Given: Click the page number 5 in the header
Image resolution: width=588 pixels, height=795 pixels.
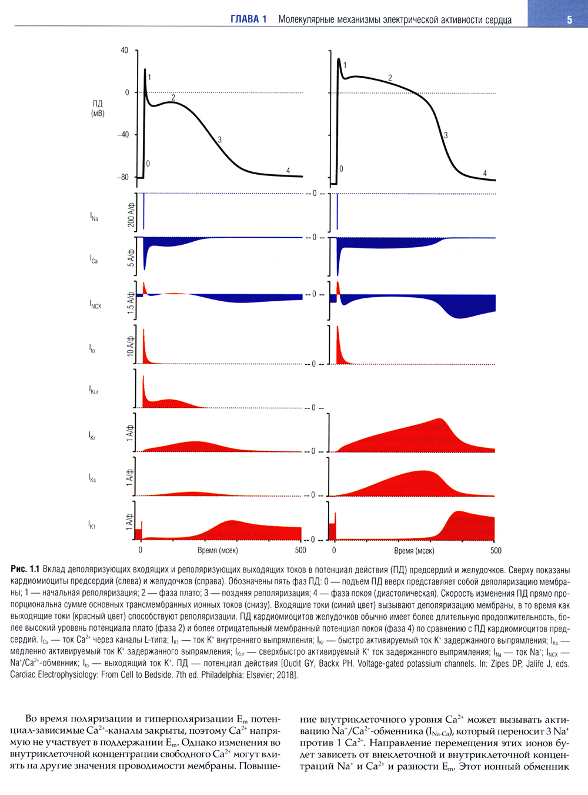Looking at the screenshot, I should point(569,19).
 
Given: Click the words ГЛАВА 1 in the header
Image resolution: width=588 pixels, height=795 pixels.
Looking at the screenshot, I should point(248,19).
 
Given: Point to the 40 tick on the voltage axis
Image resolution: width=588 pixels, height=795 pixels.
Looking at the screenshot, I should point(124,51).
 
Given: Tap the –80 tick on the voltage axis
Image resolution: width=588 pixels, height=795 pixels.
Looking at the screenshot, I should point(122,177).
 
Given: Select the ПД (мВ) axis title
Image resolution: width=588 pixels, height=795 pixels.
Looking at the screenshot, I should point(98,108).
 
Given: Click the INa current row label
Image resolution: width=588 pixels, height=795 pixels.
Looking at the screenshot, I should point(94,217).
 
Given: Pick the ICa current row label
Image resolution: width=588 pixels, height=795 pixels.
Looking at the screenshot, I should point(93,259).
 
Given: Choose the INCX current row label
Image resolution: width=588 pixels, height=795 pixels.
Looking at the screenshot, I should point(95,304).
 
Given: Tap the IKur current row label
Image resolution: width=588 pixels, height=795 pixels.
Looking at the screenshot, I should point(93,390).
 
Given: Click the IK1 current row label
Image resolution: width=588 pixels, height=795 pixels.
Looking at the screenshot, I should point(92,524).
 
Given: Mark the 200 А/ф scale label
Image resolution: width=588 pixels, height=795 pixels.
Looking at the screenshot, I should point(131,215).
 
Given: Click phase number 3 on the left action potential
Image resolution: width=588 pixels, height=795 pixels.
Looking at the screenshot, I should point(219,140).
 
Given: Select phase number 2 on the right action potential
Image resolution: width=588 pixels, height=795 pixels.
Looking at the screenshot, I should point(390,78).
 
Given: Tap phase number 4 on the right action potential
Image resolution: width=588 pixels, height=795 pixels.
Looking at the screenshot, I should point(485,174).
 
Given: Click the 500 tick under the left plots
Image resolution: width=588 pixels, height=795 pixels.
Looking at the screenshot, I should point(300,550).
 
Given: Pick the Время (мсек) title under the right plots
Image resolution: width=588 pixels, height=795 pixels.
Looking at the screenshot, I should point(414,551).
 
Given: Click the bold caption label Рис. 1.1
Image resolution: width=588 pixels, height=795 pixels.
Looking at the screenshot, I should point(25,569).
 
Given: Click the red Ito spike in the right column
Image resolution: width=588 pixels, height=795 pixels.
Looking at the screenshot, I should point(338,347).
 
